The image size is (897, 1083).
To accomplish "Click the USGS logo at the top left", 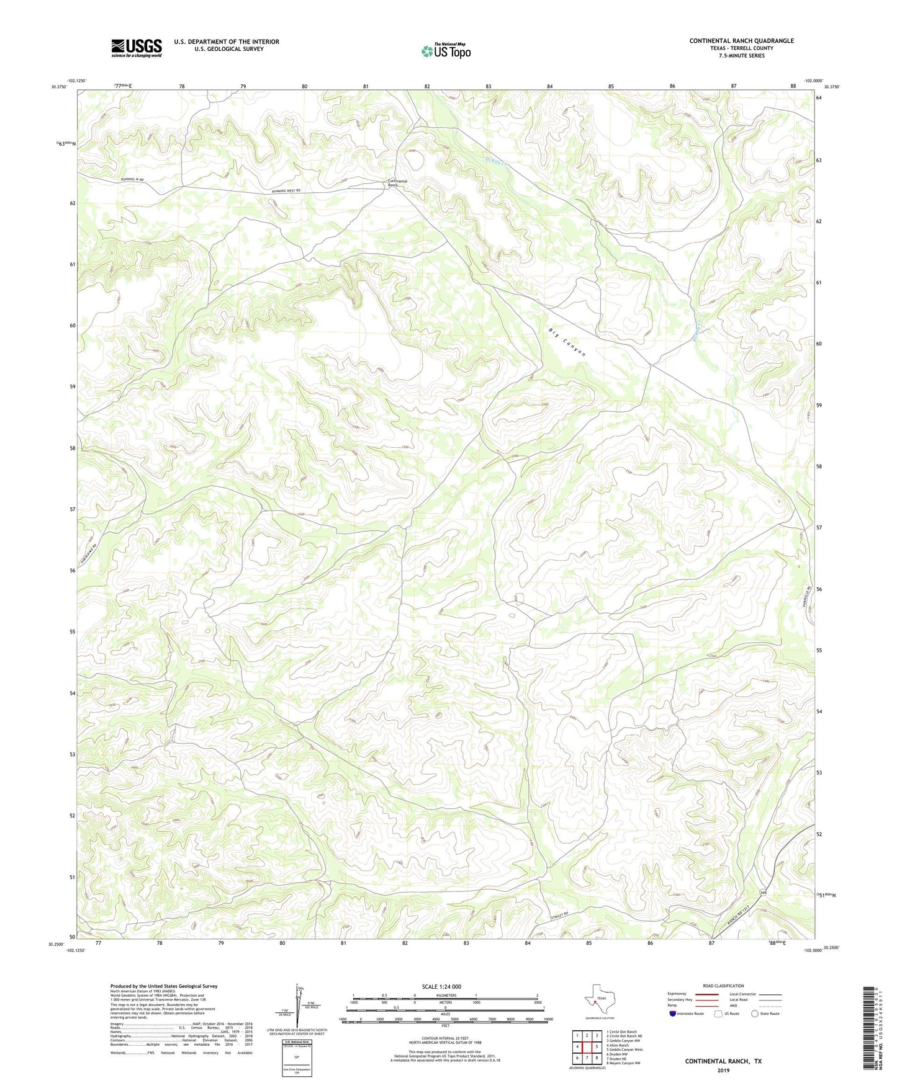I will click(x=136, y=48).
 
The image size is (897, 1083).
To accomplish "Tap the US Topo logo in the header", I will click(x=446, y=51).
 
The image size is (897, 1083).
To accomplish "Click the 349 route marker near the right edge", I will click(x=763, y=892).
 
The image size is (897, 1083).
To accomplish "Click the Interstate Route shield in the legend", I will click(x=673, y=1014).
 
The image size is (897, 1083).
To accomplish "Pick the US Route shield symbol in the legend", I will click(x=719, y=1014).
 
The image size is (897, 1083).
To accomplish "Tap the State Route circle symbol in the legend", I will click(x=755, y=1014).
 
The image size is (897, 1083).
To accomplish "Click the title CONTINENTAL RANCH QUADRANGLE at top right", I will click(x=741, y=41).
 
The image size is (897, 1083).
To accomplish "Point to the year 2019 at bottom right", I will click(x=723, y=1070).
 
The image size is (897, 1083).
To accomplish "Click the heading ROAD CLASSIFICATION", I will click(x=723, y=986).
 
